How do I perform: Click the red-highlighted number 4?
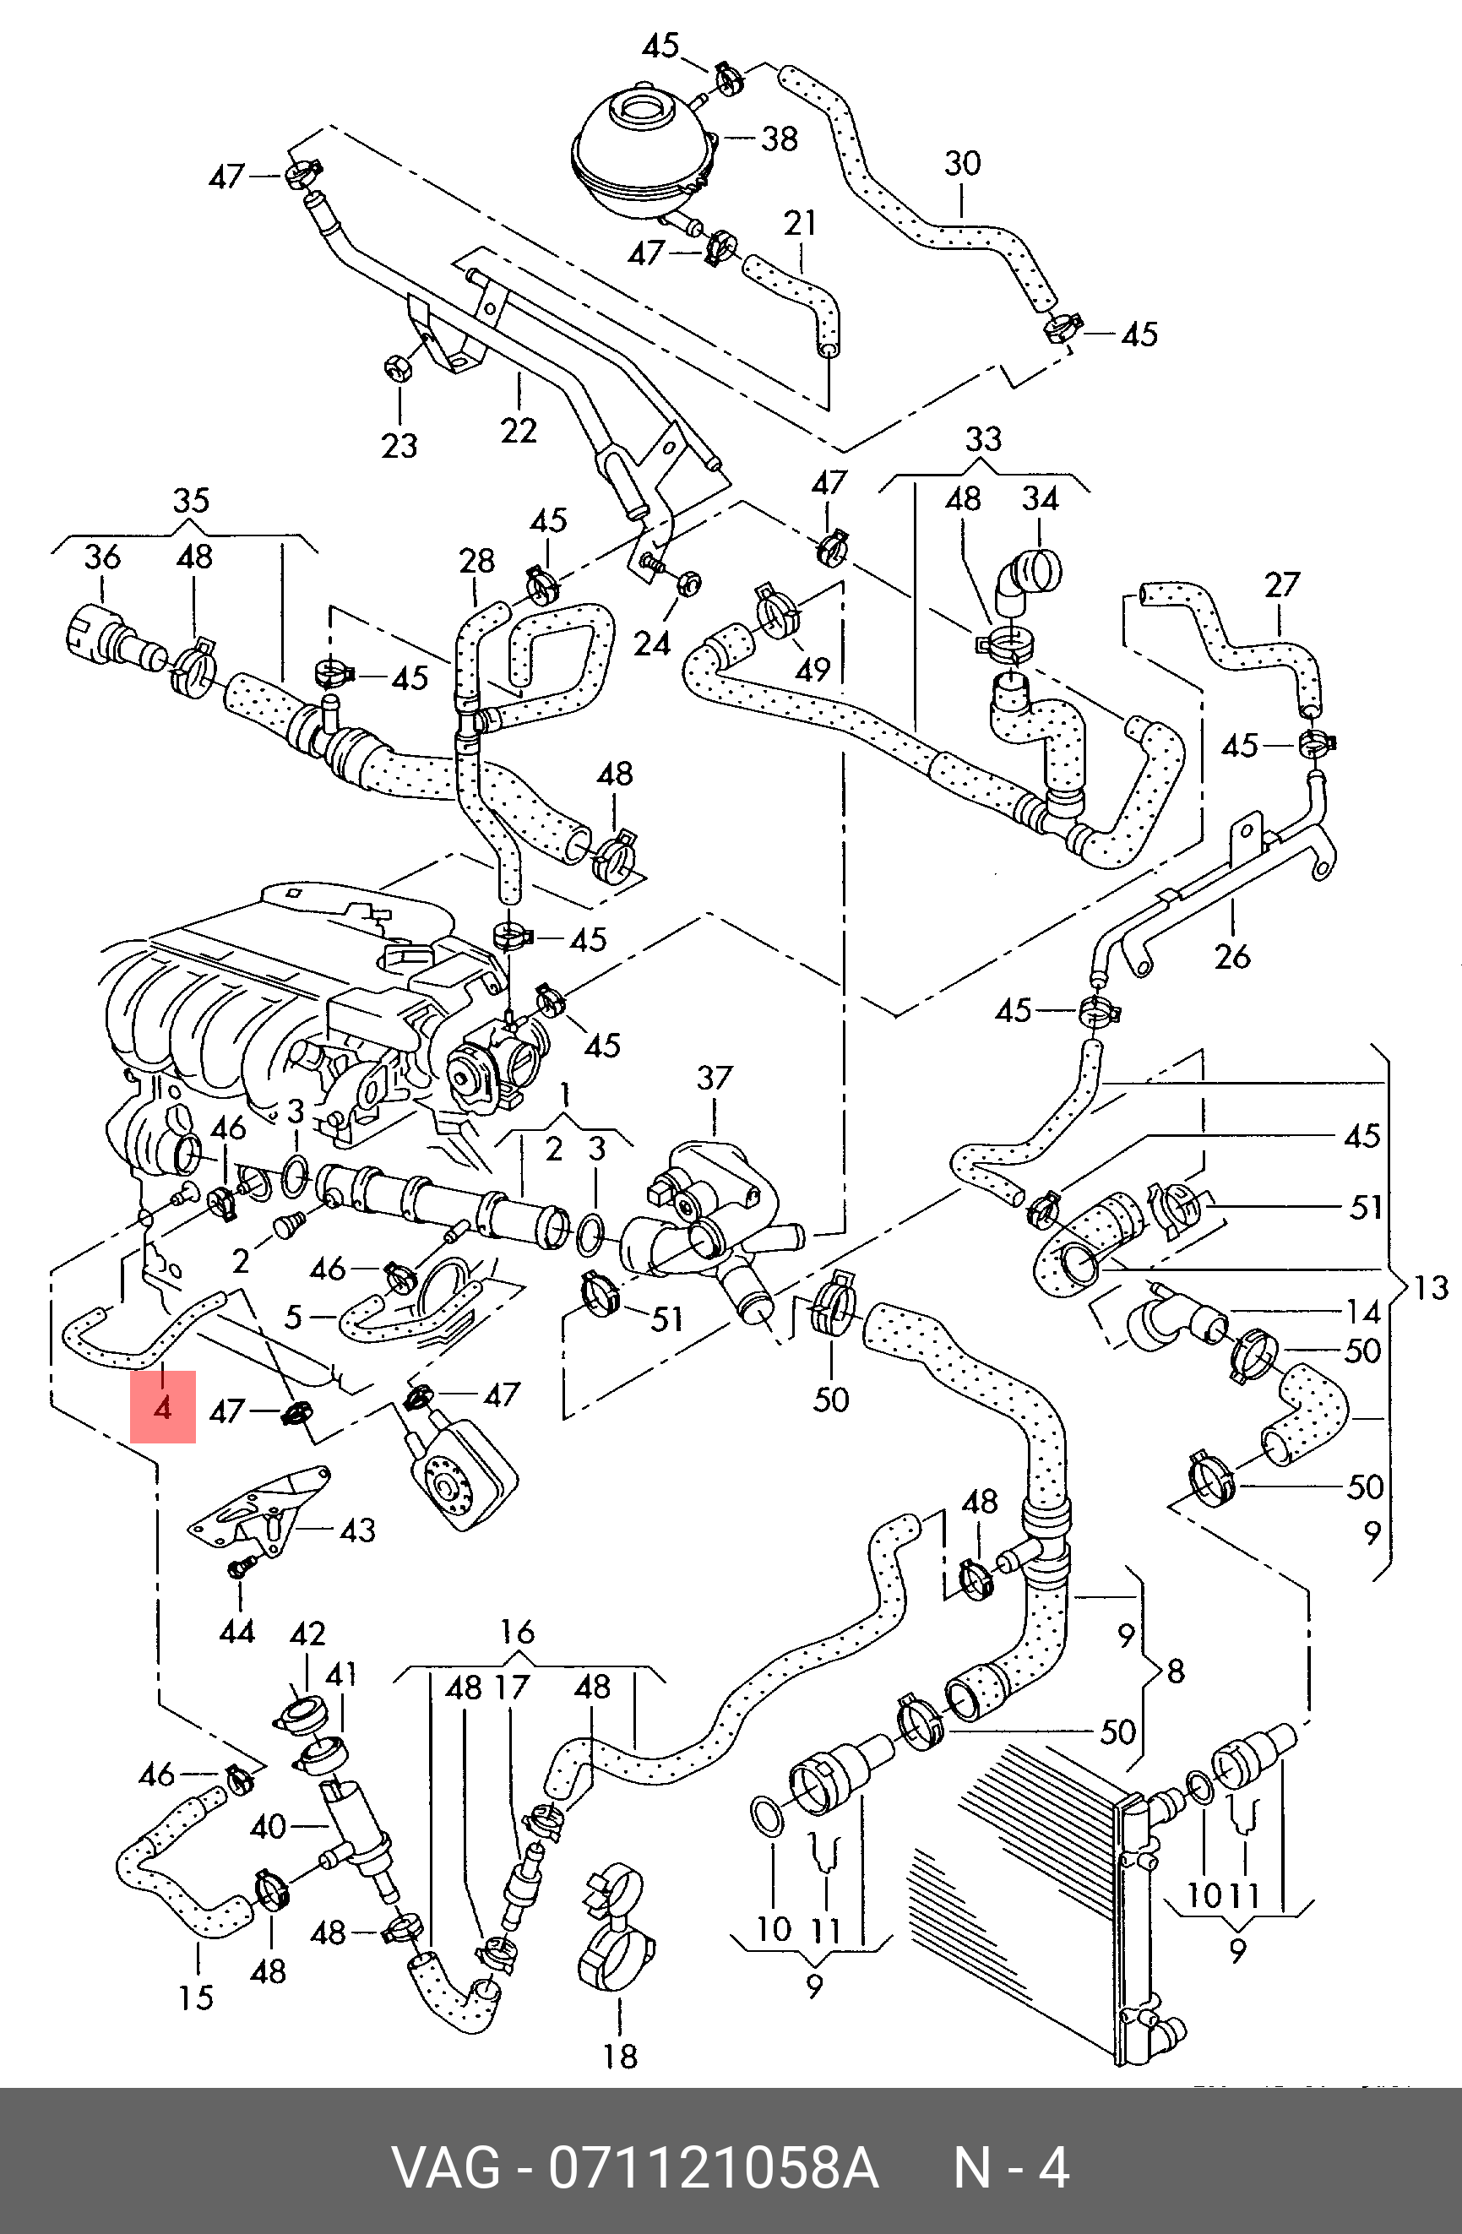162,1407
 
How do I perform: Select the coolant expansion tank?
642,150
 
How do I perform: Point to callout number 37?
715,1078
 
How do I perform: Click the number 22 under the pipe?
518,431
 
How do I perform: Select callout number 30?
962,164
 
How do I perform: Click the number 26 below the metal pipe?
1232,956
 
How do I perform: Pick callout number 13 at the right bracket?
1430,1288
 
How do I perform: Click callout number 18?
620,2057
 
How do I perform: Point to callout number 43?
357,1530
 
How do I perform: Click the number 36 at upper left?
102,557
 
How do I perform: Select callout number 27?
1282,584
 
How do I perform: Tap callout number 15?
196,1998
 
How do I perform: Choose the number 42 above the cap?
307,1634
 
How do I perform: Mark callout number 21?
800,223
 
